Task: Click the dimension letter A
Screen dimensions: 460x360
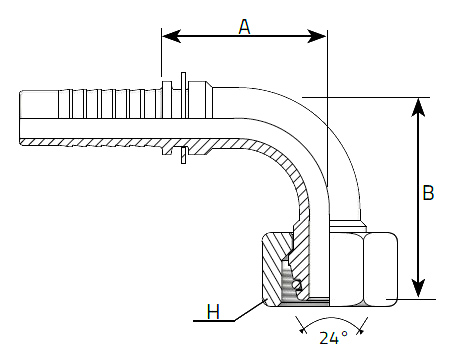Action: tap(244, 27)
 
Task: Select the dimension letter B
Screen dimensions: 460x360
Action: tap(428, 192)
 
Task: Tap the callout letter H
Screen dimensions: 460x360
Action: tap(213, 312)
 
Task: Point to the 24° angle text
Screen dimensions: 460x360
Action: tap(333, 338)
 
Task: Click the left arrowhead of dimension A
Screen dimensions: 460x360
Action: tap(171, 36)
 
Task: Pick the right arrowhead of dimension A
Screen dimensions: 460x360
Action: tap(317, 36)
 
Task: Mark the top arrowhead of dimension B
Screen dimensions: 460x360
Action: tap(418, 107)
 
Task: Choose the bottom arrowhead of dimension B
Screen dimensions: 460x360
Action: tap(418, 288)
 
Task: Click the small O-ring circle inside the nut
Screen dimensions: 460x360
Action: tap(297, 285)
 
